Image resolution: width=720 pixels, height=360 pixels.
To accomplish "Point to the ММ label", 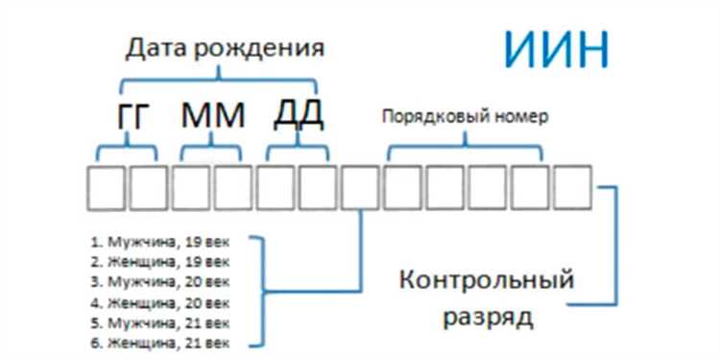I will (213, 116).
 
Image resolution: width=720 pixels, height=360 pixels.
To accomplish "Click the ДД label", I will (298, 114).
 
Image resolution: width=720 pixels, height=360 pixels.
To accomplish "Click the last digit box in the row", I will (572, 187).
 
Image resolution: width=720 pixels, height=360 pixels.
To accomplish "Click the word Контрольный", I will (487, 281).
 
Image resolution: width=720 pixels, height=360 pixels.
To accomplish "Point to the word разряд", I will (486, 316).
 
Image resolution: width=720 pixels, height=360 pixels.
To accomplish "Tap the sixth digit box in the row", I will (318, 187).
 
